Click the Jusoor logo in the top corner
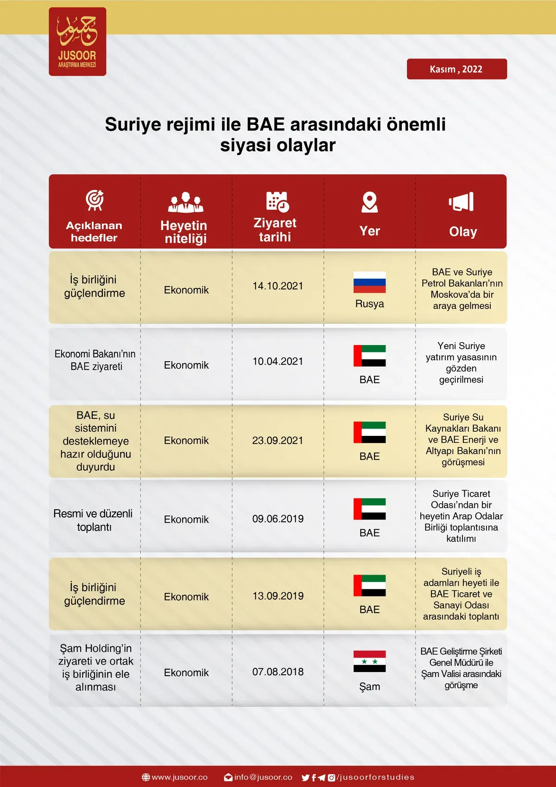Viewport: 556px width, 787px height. coord(77,41)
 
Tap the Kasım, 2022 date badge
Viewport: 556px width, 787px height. coord(457,69)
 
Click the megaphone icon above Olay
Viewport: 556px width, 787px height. coord(461,202)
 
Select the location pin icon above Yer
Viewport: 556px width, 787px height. coord(370,202)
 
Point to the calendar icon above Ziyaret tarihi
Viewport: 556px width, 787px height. coord(277,202)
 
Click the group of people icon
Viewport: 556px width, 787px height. coord(186,202)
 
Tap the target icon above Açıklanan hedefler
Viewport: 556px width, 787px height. coord(95,200)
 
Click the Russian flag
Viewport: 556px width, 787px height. coord(370,282)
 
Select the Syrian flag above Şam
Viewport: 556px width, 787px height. coord(370,661)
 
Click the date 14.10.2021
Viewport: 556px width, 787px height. coord(278,286)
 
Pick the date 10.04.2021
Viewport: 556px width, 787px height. coord(278,361)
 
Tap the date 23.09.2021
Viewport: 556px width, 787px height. coord(278,440)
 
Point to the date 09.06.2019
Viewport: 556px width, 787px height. coord(278,518)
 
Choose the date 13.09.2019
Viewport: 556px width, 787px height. coord(278,596)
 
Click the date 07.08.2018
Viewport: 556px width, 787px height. coord(278,672)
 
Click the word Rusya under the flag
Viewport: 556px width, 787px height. coord(370,304)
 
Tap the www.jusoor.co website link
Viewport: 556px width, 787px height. coord(179,777)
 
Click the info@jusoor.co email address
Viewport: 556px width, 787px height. coord(263,777)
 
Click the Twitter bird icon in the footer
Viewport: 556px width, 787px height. coord(306,778)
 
